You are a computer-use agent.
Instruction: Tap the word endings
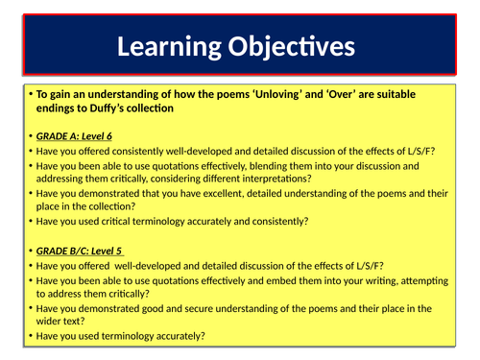point(58,108)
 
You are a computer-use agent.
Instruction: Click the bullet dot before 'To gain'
point(31,94)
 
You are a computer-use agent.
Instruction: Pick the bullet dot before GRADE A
point(31,135)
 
